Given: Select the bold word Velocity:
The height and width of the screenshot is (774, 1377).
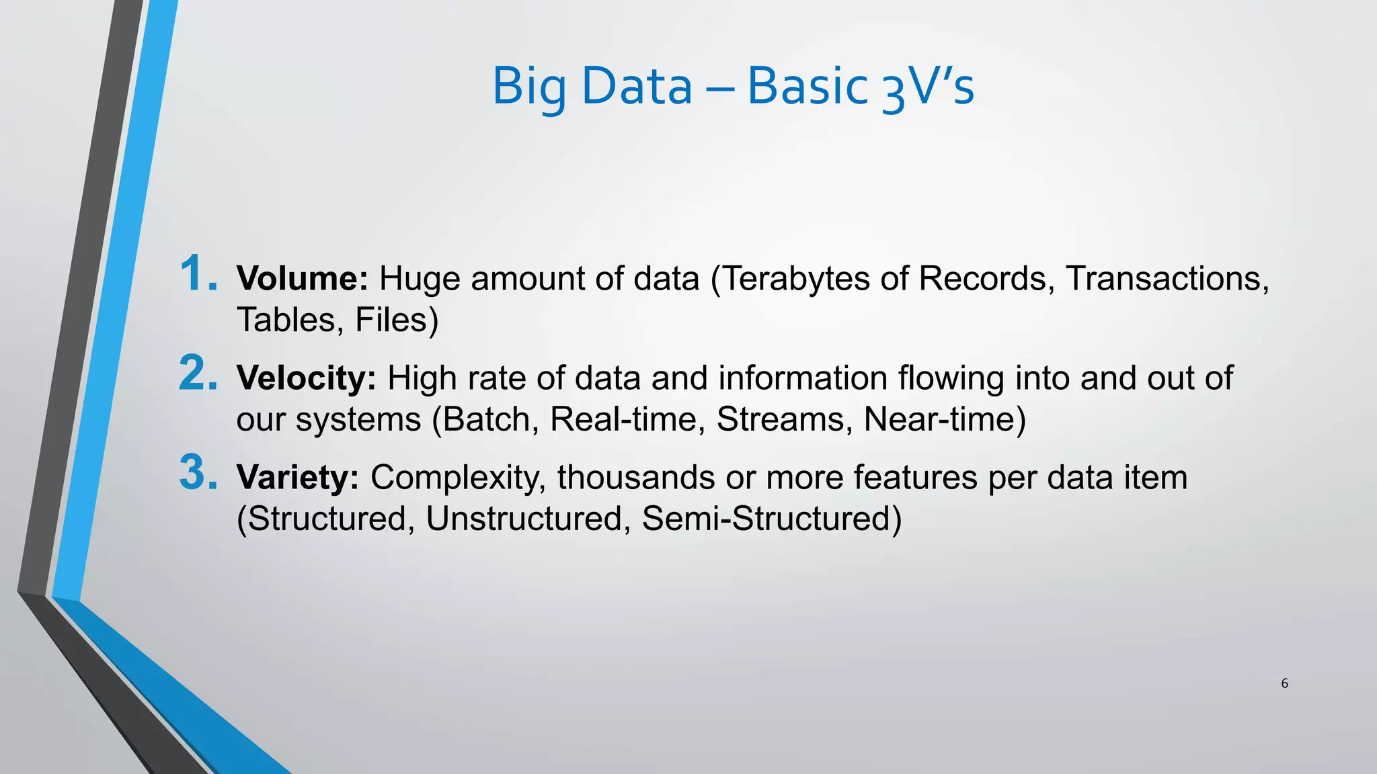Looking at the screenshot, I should [x=306, y=378].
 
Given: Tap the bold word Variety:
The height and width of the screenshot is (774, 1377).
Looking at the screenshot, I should [x=297, y=478].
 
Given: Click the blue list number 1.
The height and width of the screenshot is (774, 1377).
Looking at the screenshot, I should [x=197, y=273].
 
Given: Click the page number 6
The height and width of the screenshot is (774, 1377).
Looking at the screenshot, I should [x=1284, y=683].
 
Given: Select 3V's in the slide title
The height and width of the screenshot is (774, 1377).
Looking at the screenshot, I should [x=928, y=87].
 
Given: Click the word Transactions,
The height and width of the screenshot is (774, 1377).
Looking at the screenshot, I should [x=1167, y=279].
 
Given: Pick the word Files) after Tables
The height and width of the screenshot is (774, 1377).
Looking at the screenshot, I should [x=397, y=320].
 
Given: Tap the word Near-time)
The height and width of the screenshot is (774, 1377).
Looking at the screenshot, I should [x=945, y=419].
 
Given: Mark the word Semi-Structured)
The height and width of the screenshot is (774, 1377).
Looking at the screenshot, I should [x=771, y=519].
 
